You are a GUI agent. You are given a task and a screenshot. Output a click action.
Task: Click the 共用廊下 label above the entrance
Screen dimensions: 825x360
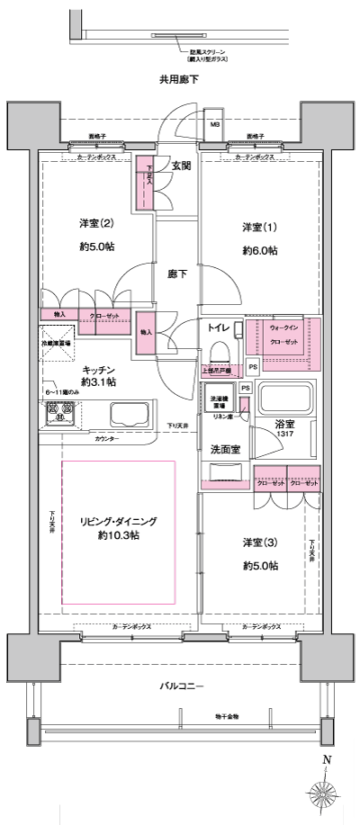[178, 80]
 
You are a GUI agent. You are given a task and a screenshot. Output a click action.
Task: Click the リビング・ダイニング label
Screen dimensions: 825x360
[118, 521]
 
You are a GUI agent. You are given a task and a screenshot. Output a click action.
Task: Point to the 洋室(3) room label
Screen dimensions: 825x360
[259, 543]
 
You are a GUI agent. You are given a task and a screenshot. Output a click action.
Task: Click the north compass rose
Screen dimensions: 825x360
[326, 794]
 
